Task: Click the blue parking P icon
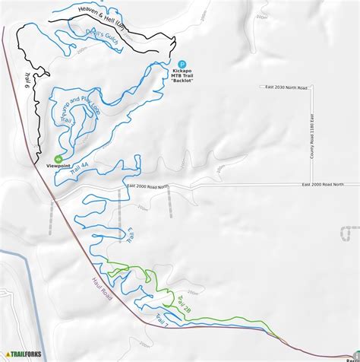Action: tap(182, 64)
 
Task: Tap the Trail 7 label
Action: tap(162, 322)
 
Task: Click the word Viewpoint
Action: tap(48, 165)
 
